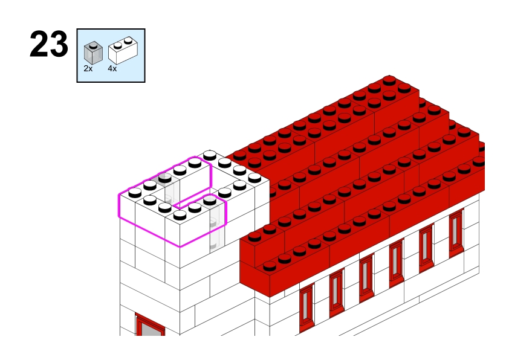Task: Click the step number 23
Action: click(49, 44)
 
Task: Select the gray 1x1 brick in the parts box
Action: click(93, 53)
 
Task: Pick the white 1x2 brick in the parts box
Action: click(123, 50)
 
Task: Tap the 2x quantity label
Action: click(88, 68)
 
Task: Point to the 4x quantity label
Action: click(112, 68)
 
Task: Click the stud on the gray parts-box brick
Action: click(94, 46)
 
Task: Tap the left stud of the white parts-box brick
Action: click(118, 45)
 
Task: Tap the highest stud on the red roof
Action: click(389, 80)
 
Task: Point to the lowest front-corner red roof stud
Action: click(270, 266)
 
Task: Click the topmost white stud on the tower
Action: click(210, 155)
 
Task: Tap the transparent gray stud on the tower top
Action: click(165, 178)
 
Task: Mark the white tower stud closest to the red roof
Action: click(254, 178)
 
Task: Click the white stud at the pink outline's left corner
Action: click(135, 193)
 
